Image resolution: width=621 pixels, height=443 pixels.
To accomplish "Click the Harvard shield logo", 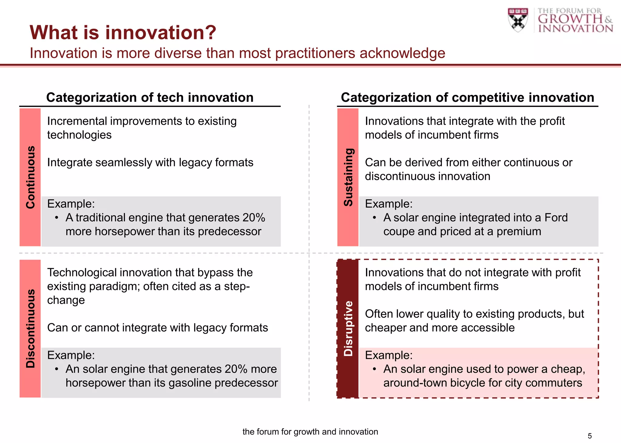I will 518,19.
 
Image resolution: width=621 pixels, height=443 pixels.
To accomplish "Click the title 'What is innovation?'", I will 123,32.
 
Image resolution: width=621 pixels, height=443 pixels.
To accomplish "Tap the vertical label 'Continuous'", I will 30,177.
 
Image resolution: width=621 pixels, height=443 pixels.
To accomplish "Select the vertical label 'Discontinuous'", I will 30,328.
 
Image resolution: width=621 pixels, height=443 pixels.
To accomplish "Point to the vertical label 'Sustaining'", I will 348,177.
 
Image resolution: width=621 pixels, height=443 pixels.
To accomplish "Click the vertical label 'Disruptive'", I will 348,328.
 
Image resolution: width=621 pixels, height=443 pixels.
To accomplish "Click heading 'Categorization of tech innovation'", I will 150,98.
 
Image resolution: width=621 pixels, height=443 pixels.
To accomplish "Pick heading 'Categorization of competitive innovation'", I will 467,98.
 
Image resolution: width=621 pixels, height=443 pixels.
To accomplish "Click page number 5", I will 589,436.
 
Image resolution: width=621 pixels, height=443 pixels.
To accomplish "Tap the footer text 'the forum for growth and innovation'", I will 310,432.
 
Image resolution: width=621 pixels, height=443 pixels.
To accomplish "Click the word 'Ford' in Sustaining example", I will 556,218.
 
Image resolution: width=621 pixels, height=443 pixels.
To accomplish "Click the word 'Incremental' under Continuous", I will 77,121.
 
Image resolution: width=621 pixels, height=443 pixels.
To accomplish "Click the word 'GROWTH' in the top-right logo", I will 570,19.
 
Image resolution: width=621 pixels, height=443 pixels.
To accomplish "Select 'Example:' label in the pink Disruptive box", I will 388,355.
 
